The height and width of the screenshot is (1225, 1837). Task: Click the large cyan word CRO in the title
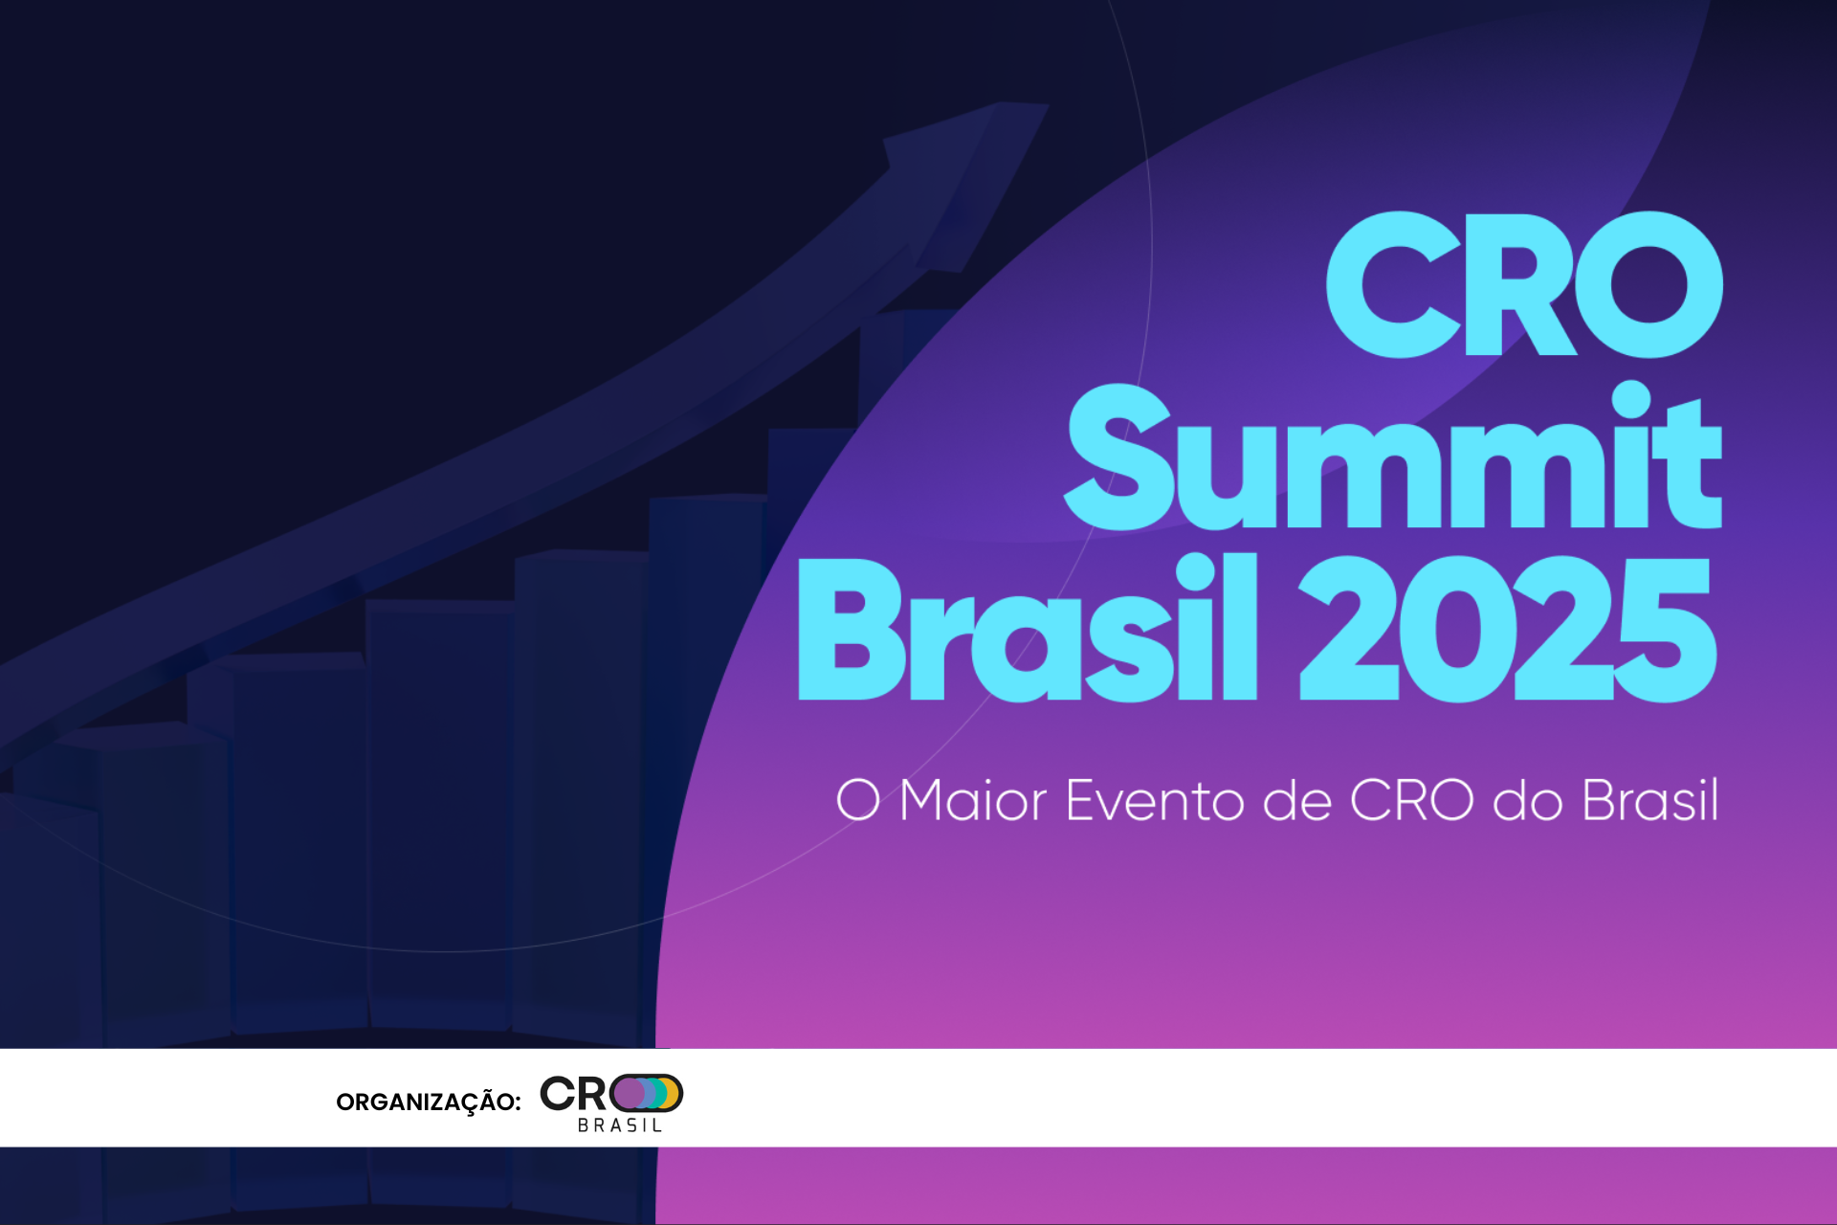(x=1524, y=284)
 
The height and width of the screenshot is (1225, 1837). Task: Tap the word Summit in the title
(x=1393, y=456)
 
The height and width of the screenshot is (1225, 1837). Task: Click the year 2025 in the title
(x=1508, y=629)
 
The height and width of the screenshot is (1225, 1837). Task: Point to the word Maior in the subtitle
(x=973, y=800)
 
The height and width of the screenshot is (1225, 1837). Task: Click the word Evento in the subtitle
(x=1154, y=800)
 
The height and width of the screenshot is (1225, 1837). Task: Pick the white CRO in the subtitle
(x=1411, y=800)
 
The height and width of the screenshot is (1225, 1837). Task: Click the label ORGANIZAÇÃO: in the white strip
(x=429, y=1102)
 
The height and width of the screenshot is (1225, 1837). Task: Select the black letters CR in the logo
(x=573, y=1093)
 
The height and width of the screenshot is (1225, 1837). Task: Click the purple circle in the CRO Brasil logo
(x=629, y=1093)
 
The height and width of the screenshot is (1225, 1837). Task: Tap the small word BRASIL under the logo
(x=619, y=1125)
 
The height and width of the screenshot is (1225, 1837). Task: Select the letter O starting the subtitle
(x=858, y=800)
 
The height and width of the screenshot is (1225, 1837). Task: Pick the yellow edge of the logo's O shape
(x=674, y=1093)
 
